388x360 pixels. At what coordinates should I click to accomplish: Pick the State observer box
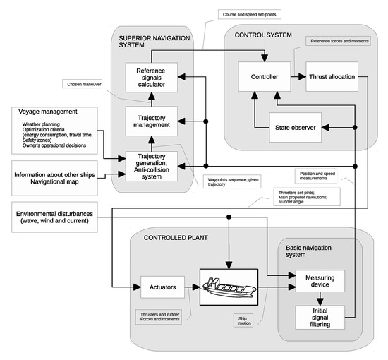pyautogui.click(x=296, y=127)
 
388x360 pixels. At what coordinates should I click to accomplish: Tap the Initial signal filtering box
pyautogui.click(x=320, y=318)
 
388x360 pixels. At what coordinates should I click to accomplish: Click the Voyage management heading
pyautogui.click(x=47, y=112)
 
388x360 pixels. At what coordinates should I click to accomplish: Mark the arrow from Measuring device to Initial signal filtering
pyautogui.click(x=320, y=298)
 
